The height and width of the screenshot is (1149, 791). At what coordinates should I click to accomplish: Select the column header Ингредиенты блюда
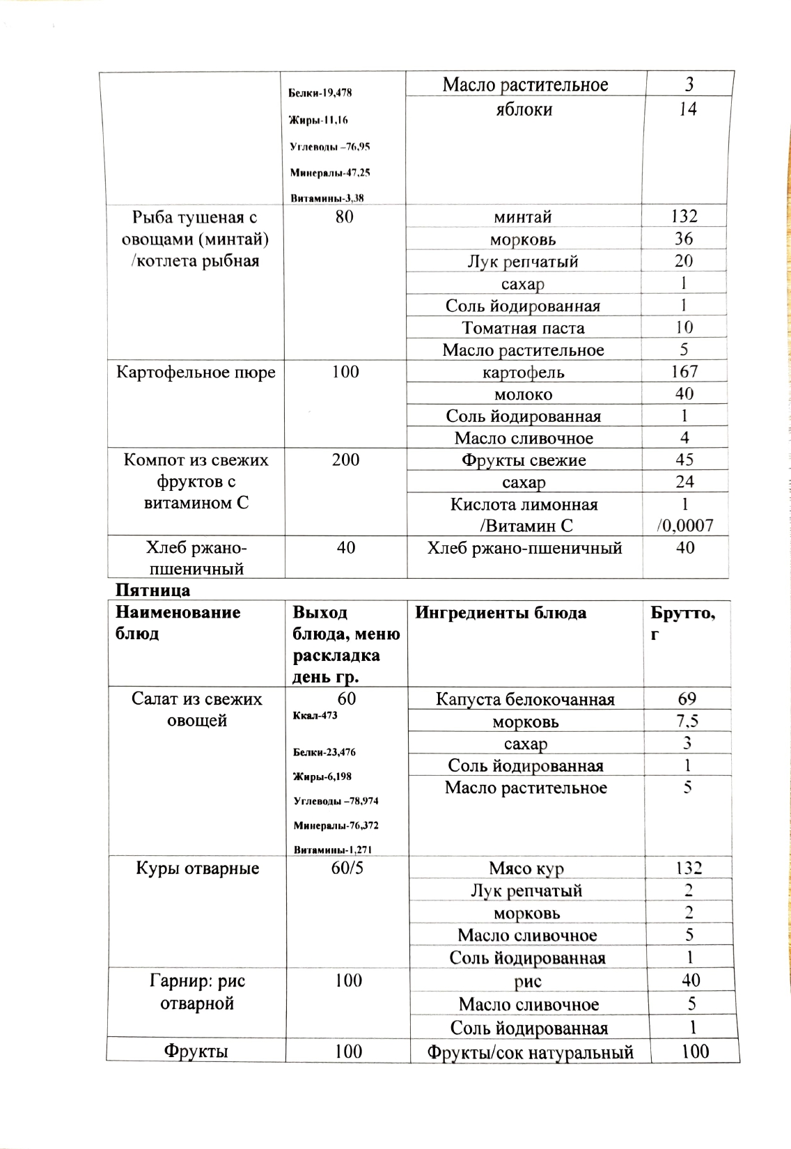coord(501,613)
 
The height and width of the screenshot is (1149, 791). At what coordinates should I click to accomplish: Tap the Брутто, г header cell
coord(682,623)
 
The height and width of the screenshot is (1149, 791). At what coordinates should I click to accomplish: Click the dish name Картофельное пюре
coord(196,372)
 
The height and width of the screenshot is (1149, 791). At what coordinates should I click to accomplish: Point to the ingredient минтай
coord(523,217)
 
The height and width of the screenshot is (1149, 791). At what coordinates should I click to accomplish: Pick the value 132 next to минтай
coord(684,217)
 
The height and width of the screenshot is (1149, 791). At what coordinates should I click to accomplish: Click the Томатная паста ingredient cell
coord(523,328)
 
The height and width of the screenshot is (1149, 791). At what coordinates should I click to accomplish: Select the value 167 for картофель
coord(684,372)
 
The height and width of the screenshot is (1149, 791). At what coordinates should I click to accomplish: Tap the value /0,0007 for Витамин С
coord(684,525)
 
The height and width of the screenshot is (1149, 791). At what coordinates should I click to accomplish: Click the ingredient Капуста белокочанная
coord(525,699)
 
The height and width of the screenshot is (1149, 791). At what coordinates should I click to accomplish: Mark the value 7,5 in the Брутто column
coord(687,721)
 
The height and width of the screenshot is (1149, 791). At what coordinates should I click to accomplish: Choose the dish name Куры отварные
coord(197,868)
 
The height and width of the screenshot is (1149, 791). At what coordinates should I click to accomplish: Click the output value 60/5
coord(347,868)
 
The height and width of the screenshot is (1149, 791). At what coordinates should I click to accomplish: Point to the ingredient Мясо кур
coord(526,868)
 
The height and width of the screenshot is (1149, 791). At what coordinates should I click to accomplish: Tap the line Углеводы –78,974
coord(336,801)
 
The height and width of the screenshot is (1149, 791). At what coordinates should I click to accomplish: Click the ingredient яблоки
coord(524,109)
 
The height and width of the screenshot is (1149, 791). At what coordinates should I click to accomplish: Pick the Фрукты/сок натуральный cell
coord(530,1052)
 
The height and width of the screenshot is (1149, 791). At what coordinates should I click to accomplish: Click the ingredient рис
coord(528,981)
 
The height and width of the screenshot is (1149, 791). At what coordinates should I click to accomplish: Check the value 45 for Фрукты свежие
coord(684,460)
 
